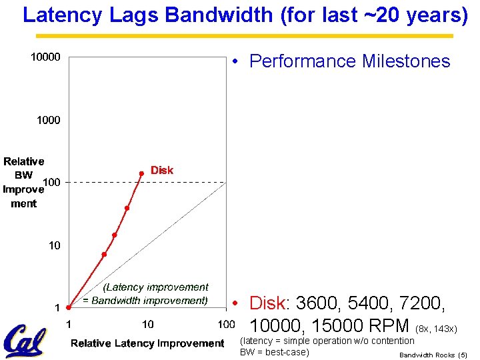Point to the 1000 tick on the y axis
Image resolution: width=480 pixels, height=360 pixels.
(x=48, y=121)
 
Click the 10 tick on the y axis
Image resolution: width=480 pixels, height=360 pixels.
(x=54, y=245)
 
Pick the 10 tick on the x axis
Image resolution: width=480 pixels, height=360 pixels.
(x=147, y=324)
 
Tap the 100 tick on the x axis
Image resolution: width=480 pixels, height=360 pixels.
(x=227, y=324)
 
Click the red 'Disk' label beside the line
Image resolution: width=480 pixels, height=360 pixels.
(x=161, y=171)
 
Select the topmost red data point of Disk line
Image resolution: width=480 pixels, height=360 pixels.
(x=141, y=173)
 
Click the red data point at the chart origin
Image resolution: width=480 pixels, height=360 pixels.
(x=69, y=308)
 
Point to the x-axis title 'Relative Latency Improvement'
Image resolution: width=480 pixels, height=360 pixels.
(x=147, y=343)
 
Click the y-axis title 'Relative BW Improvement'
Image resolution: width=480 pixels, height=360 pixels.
(x=23, y=182)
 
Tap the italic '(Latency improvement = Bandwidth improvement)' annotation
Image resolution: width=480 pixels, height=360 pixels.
(x=145, y=294)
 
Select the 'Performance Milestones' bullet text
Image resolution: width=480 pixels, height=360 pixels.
(x=349, y=61)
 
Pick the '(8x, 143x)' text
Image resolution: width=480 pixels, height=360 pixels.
(x=436, y=329)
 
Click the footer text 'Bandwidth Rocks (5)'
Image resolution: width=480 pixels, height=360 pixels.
(x=433, y=355)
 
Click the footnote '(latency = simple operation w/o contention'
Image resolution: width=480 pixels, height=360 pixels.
(x=327, y=341)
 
